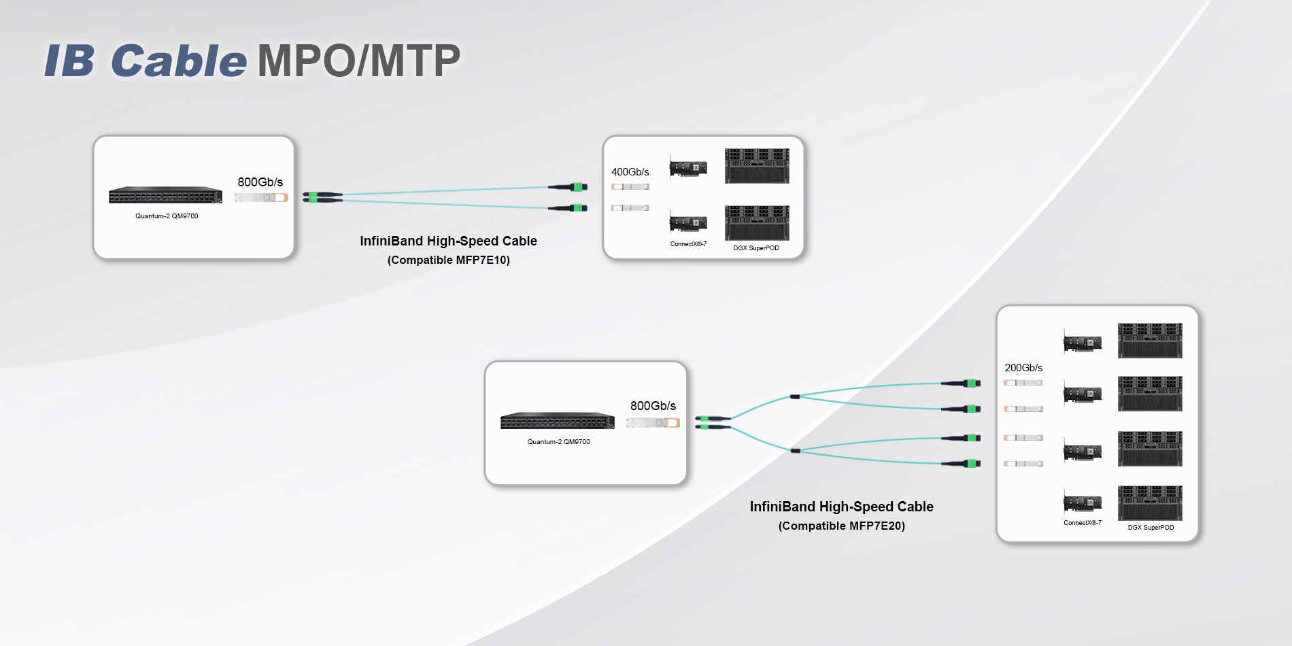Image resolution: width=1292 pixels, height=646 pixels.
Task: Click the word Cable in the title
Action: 179,61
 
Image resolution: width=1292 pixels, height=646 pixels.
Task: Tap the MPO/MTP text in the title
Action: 359,61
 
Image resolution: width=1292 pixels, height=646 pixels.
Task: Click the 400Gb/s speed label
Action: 630,172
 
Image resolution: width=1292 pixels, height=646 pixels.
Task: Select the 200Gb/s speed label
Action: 1023,368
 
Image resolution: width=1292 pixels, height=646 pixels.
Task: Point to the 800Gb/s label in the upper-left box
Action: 260,182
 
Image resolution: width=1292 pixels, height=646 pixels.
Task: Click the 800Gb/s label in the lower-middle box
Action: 653,406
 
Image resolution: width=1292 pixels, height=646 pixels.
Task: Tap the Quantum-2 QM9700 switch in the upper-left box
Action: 165,195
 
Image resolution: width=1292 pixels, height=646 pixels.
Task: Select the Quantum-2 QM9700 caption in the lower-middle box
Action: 558,442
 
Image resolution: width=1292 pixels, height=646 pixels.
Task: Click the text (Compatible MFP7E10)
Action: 448,260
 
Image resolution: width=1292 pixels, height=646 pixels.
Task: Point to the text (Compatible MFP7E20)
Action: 841,526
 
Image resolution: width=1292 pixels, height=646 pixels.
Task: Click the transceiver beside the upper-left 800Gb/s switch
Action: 261,198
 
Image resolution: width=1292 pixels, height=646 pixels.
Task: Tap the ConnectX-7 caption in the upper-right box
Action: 688,244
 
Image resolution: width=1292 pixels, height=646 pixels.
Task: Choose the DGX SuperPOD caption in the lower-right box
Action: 1151,528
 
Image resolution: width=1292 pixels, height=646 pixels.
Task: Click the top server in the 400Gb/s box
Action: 757,166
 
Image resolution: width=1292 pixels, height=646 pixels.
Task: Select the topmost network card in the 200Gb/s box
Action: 1083,342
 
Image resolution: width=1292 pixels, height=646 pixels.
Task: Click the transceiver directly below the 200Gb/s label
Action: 1023,383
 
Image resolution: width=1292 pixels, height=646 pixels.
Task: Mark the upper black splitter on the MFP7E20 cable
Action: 794,396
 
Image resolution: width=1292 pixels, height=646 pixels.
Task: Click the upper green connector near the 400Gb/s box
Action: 578,187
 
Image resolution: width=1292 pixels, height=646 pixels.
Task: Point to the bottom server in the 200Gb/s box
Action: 1150,503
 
